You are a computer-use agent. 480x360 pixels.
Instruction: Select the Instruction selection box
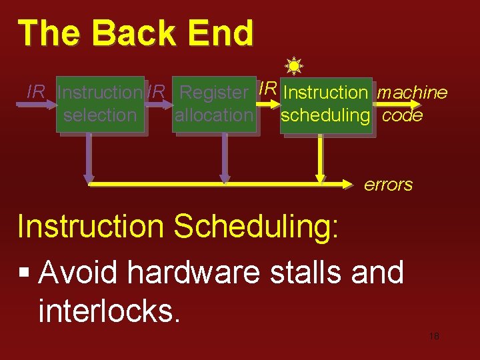pyautogui.click(x=99, y=104)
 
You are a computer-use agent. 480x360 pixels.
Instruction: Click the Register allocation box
pyautogui.click(x=213, y=104)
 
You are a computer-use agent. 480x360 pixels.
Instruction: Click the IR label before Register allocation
pyautogui.click(x=156, y=92)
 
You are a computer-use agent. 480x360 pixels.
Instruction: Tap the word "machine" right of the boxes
pyautogui.click(x=412, y=93)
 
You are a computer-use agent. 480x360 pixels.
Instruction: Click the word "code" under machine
pyautogui.click(x=403, y=115)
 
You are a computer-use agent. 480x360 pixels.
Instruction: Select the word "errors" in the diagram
pyautogui.click(x=388, y=185)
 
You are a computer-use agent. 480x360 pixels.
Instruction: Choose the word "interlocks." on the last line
pyautogui.click(x=110, y=310)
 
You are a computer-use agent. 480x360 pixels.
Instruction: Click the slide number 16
pyautogui.click(x=434, y=337)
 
